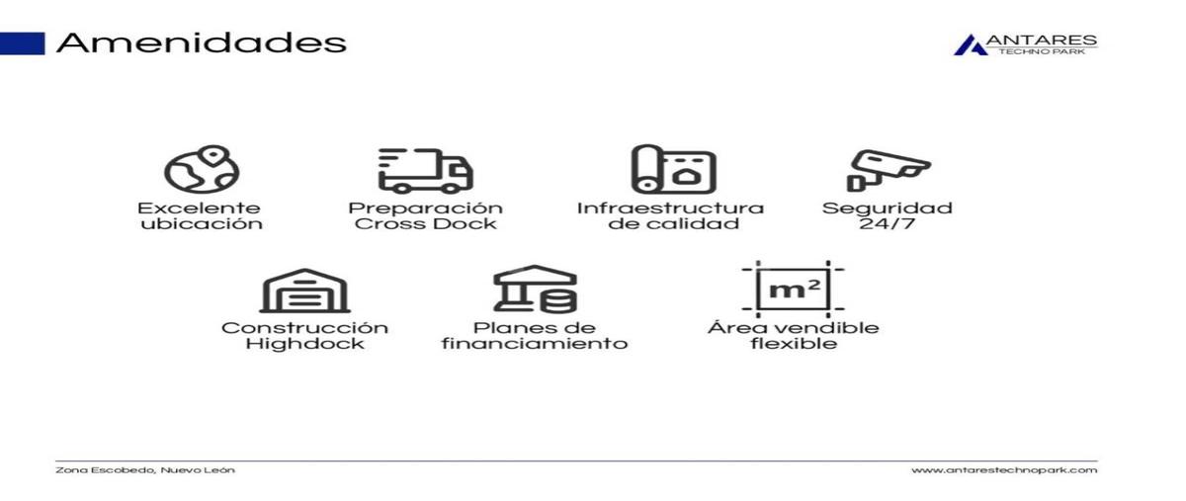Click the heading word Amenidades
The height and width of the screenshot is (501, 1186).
[x=201, y=43]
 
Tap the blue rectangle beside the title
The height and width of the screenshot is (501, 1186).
[x=22, y=43]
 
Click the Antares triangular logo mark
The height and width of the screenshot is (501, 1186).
[x=970, y=44]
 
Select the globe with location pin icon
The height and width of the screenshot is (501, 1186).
[x=201, y=169]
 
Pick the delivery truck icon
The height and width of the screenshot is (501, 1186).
[x=425, y=171]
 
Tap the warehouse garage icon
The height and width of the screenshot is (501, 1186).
[x=304, y=290]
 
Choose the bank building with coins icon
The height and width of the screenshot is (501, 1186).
[x=535, y=289]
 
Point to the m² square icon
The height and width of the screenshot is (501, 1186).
[x=793, y=290]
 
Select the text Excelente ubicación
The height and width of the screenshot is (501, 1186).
[x=201, y=215]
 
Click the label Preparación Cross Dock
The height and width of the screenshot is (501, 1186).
[x=425, y=215]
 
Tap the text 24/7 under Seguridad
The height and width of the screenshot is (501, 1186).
[x=887, y=223]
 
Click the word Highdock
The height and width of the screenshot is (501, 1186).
[x=304, y=344]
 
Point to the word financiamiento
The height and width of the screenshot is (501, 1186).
[x=535, y=344]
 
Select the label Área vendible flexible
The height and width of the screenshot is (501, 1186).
[x=793, y=335]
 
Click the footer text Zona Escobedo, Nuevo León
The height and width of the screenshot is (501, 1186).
[x=145, y=469]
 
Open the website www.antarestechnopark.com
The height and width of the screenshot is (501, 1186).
[x=1003, y=469]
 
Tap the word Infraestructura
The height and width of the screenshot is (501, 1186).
[x=670, y=209]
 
